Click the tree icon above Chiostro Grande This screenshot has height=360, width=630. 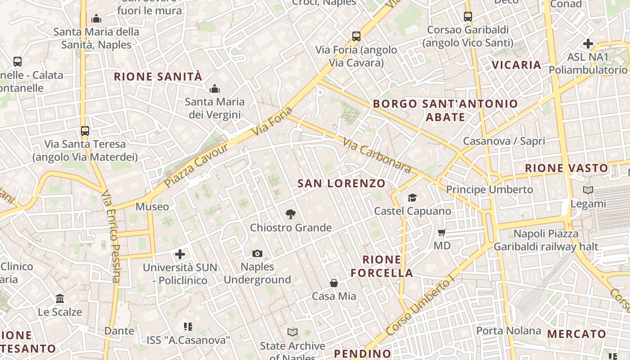pos(291,214)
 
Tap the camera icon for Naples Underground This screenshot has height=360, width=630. pos(257,254)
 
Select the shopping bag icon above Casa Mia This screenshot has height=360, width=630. pos(334,283)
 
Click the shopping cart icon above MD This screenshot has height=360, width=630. pos(442,233)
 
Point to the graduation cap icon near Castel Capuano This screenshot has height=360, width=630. pos(412,198)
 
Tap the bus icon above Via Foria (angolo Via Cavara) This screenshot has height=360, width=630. pos(356,36)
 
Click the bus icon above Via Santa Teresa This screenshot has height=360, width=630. pos(85,131)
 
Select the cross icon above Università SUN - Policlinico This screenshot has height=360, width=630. pos(180,254)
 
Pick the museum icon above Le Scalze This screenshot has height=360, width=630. pos(60,299)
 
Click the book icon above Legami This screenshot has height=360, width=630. pos(588,190)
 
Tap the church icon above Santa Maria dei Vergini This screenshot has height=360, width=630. pos(215,89)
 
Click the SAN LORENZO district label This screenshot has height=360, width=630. pos(342,184)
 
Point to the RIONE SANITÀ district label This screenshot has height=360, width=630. pos(158,77)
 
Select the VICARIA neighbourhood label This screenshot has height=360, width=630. pos(516,65)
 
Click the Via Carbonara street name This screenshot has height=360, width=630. pos(377,156)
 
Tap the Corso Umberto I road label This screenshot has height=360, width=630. pos(419,307)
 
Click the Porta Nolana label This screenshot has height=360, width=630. pos(508,331)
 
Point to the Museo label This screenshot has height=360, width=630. pos(153,207)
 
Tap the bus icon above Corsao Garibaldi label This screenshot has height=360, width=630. pos(468,17)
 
